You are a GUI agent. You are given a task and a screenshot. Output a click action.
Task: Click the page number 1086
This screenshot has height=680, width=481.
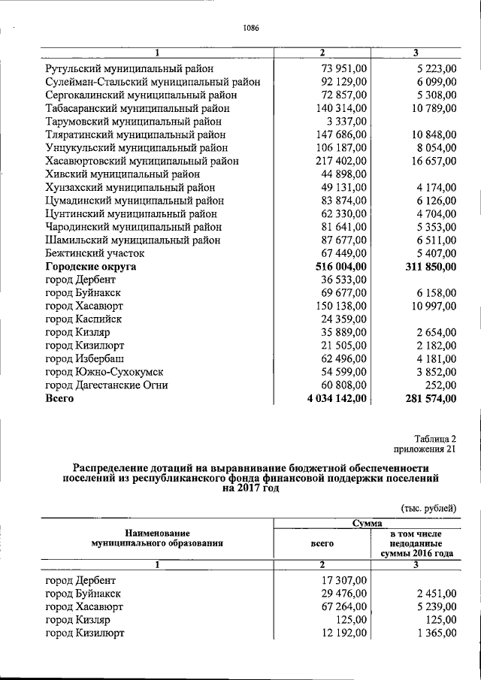tap(250, 29)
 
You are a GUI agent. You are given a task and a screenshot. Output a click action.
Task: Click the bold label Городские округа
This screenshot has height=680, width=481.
tap(92, 266)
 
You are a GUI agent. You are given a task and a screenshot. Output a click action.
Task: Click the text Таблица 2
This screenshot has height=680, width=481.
tap(434, 438)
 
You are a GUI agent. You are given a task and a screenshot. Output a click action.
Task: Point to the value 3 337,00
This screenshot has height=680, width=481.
tap(346, 120)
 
